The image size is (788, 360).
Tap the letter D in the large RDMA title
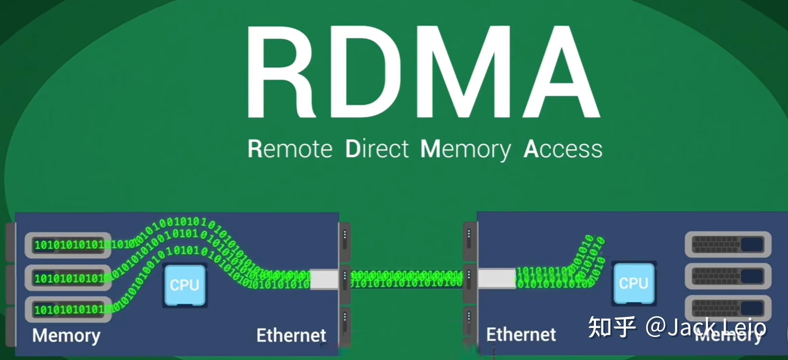click(364, 72)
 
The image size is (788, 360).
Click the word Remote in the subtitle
click(290, 149)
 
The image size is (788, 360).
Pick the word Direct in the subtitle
click(377, 149)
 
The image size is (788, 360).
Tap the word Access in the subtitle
click(563, 149)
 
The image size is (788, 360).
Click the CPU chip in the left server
click(185, 285)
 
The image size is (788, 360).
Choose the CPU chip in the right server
click(634, 283)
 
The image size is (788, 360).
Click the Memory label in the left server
click(67, 336)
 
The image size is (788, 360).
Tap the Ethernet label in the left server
click(291, 335)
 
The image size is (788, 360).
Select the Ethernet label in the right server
click(521, 334)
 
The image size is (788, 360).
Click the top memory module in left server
click(68, 245)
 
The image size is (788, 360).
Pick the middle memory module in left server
click(68, 278)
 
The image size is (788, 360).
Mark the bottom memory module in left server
click(68, 310)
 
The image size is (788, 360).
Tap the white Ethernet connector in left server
click(324, 279)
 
